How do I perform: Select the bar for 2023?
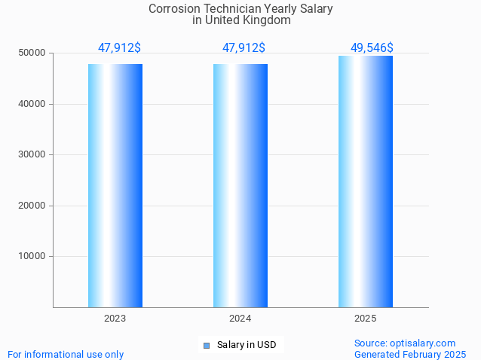pyautogui.click(x=115, y=185)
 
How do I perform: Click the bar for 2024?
pyautogui.click(x=240, y=185)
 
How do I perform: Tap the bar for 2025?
pyautogui.click(x=366, y=182)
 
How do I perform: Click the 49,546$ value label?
pyautogui.click(x=372, y=47)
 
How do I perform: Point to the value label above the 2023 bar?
pyautogui.click(x=119, y=47)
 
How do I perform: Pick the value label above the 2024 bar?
pyautogui.click(x=244, y=47)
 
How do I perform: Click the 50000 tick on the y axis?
pyautogui.click(x=32, y=53)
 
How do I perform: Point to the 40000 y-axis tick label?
pyautogui.click(x=32, y=104)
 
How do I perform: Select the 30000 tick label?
pyautogui.click(x=32, y=154)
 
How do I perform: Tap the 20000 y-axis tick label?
pyautogui.click(x=32, y=206)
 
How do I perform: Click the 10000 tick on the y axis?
pyautogui.click(x=32, y=256)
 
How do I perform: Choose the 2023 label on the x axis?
pyautogui.click(x=115, y=319)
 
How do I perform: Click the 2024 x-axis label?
pyautogui.click(x=240, y=319)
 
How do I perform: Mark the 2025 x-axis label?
pyautogui.click(x=366, y=319)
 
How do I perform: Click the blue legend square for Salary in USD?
pyautogui.click(x=207, y=346)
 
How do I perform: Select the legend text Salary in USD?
pyautogui.click(x=247, y=346)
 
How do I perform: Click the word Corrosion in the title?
pyautogui.click(x=175, y=9)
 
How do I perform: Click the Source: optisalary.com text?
pyautogui.click(x=405, y=343)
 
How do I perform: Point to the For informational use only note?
pyautogui.click(x=66, y=354)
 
